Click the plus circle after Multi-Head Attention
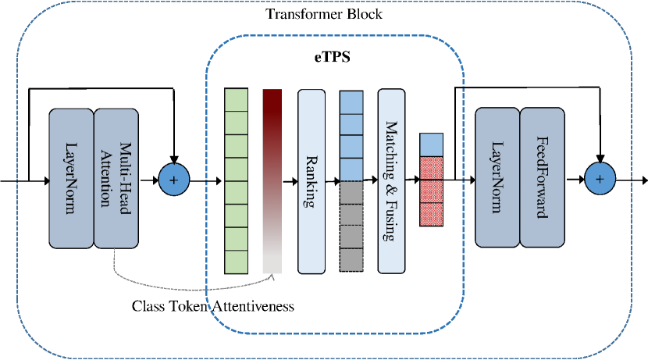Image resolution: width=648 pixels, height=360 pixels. click(174, 181)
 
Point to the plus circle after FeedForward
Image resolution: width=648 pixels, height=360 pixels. click(600, 181)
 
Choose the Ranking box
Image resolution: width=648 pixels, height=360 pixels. click(311, 181)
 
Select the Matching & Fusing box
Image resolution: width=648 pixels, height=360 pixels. click(391, 181)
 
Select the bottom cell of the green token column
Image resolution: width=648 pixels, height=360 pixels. click(236, 262)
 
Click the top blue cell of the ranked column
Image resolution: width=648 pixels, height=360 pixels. click(351, 102)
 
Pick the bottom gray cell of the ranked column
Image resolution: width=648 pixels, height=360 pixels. click(351, 260)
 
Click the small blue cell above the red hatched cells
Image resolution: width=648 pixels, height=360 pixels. click(431, 144)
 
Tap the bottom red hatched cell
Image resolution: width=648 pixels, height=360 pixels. click(431, 215)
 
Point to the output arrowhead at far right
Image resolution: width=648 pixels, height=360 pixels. click(643, 181)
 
